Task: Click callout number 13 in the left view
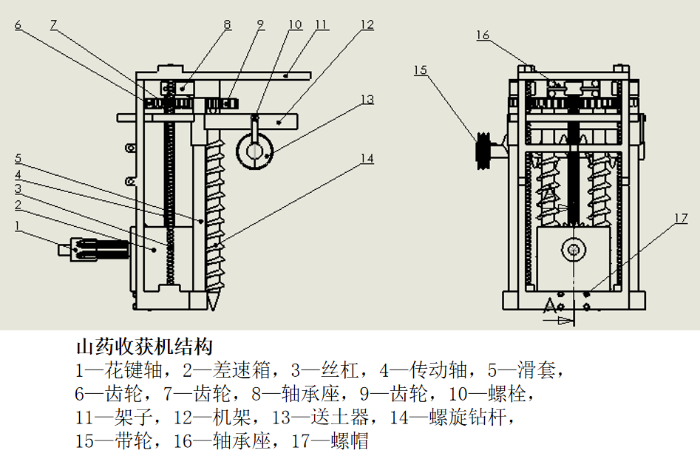point(367,100)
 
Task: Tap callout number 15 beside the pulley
point(421,70)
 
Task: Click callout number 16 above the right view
point(483,35)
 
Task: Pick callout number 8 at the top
point(228,25)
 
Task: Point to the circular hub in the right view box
point(573,250)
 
